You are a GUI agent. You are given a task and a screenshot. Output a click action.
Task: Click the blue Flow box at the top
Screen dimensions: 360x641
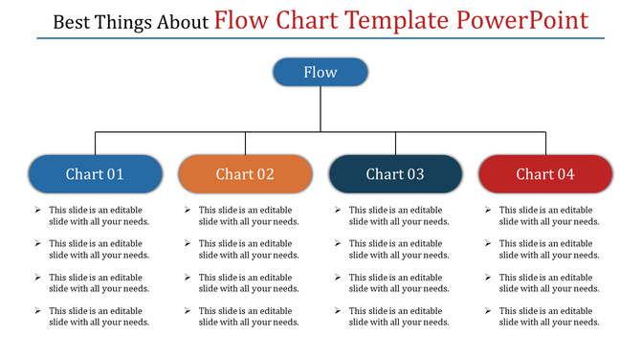tap(320, 72)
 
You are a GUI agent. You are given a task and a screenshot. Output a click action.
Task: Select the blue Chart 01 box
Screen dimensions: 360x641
tap(95, 173)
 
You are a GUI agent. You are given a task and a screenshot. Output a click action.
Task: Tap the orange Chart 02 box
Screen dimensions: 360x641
tap(245, 173)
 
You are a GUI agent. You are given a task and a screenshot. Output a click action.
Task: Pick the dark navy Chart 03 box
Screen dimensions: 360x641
tap(395, 173)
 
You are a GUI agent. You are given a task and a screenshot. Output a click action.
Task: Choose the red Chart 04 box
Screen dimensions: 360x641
tap(545, 173)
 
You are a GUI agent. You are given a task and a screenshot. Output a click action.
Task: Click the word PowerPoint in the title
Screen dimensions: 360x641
tap(521, 20)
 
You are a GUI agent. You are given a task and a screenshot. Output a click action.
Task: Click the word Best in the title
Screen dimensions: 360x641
tap(72, 21)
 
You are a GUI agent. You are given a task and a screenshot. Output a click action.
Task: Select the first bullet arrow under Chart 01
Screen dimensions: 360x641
tap(37, 210)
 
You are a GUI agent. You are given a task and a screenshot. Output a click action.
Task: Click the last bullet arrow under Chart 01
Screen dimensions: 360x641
tap(37, 310)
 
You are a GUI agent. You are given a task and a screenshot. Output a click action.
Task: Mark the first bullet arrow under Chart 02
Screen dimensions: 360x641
tap(188, 210)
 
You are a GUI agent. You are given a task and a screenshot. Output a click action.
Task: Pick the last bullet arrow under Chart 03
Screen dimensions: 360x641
tap(338, 310)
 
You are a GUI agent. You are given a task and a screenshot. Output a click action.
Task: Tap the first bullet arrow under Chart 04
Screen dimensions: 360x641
tap(488, 210)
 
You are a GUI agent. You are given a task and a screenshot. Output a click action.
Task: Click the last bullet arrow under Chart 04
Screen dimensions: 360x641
tap(488, 310)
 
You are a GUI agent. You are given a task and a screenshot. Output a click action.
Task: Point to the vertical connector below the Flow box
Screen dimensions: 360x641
tap(320, 109)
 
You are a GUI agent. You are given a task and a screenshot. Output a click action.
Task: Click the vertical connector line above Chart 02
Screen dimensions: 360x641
tap(245, 143)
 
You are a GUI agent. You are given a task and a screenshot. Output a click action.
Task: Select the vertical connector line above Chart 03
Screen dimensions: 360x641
tap(395, 143)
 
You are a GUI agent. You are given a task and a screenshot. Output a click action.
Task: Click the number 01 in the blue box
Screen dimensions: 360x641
tap(115, 173)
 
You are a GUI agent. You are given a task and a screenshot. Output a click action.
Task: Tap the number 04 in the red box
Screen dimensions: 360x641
tap(565, 173)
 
